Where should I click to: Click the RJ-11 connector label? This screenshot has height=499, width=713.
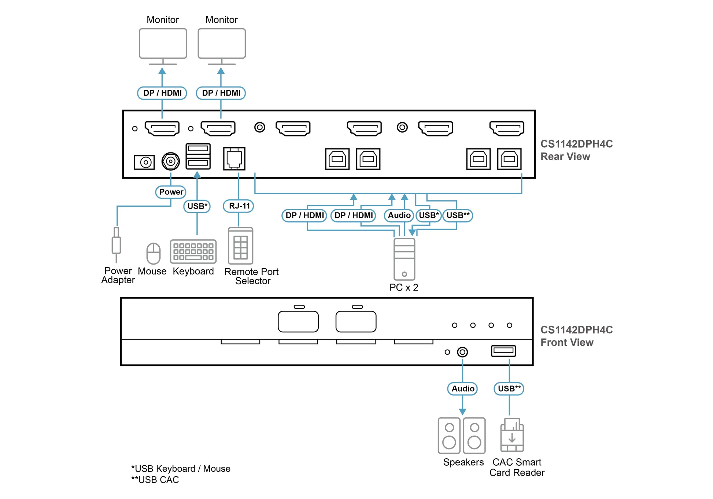pos(239,206)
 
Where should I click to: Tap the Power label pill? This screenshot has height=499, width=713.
pos(171,192)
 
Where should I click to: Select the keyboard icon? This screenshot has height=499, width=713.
pos(193,251)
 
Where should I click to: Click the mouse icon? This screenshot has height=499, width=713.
pos(154,254)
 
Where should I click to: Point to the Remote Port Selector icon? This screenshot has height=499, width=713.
pos(240,246)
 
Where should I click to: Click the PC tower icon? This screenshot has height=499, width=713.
pos(404,259)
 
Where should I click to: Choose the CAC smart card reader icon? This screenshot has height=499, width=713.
pos(512,435)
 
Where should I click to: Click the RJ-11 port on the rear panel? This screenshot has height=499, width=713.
pos(234,159)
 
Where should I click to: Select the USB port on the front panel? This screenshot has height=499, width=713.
pos(503,351)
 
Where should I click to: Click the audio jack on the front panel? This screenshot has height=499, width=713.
pos(462,352)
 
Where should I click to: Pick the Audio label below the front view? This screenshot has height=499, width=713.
pos(462,389)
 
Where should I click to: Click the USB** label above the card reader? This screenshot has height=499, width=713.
pos(509,389)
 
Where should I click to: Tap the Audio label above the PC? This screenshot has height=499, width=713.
pos(399,215)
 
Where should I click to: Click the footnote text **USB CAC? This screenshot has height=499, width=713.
pos(155,480)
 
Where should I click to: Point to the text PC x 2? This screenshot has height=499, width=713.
pos(404,287)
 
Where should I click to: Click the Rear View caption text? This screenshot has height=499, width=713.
pos(565,156)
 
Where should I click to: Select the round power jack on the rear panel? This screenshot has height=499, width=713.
pos(171,161)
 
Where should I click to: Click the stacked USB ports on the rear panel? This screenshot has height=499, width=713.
pos(198,156)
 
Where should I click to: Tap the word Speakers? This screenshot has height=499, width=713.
pos(463,462)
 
